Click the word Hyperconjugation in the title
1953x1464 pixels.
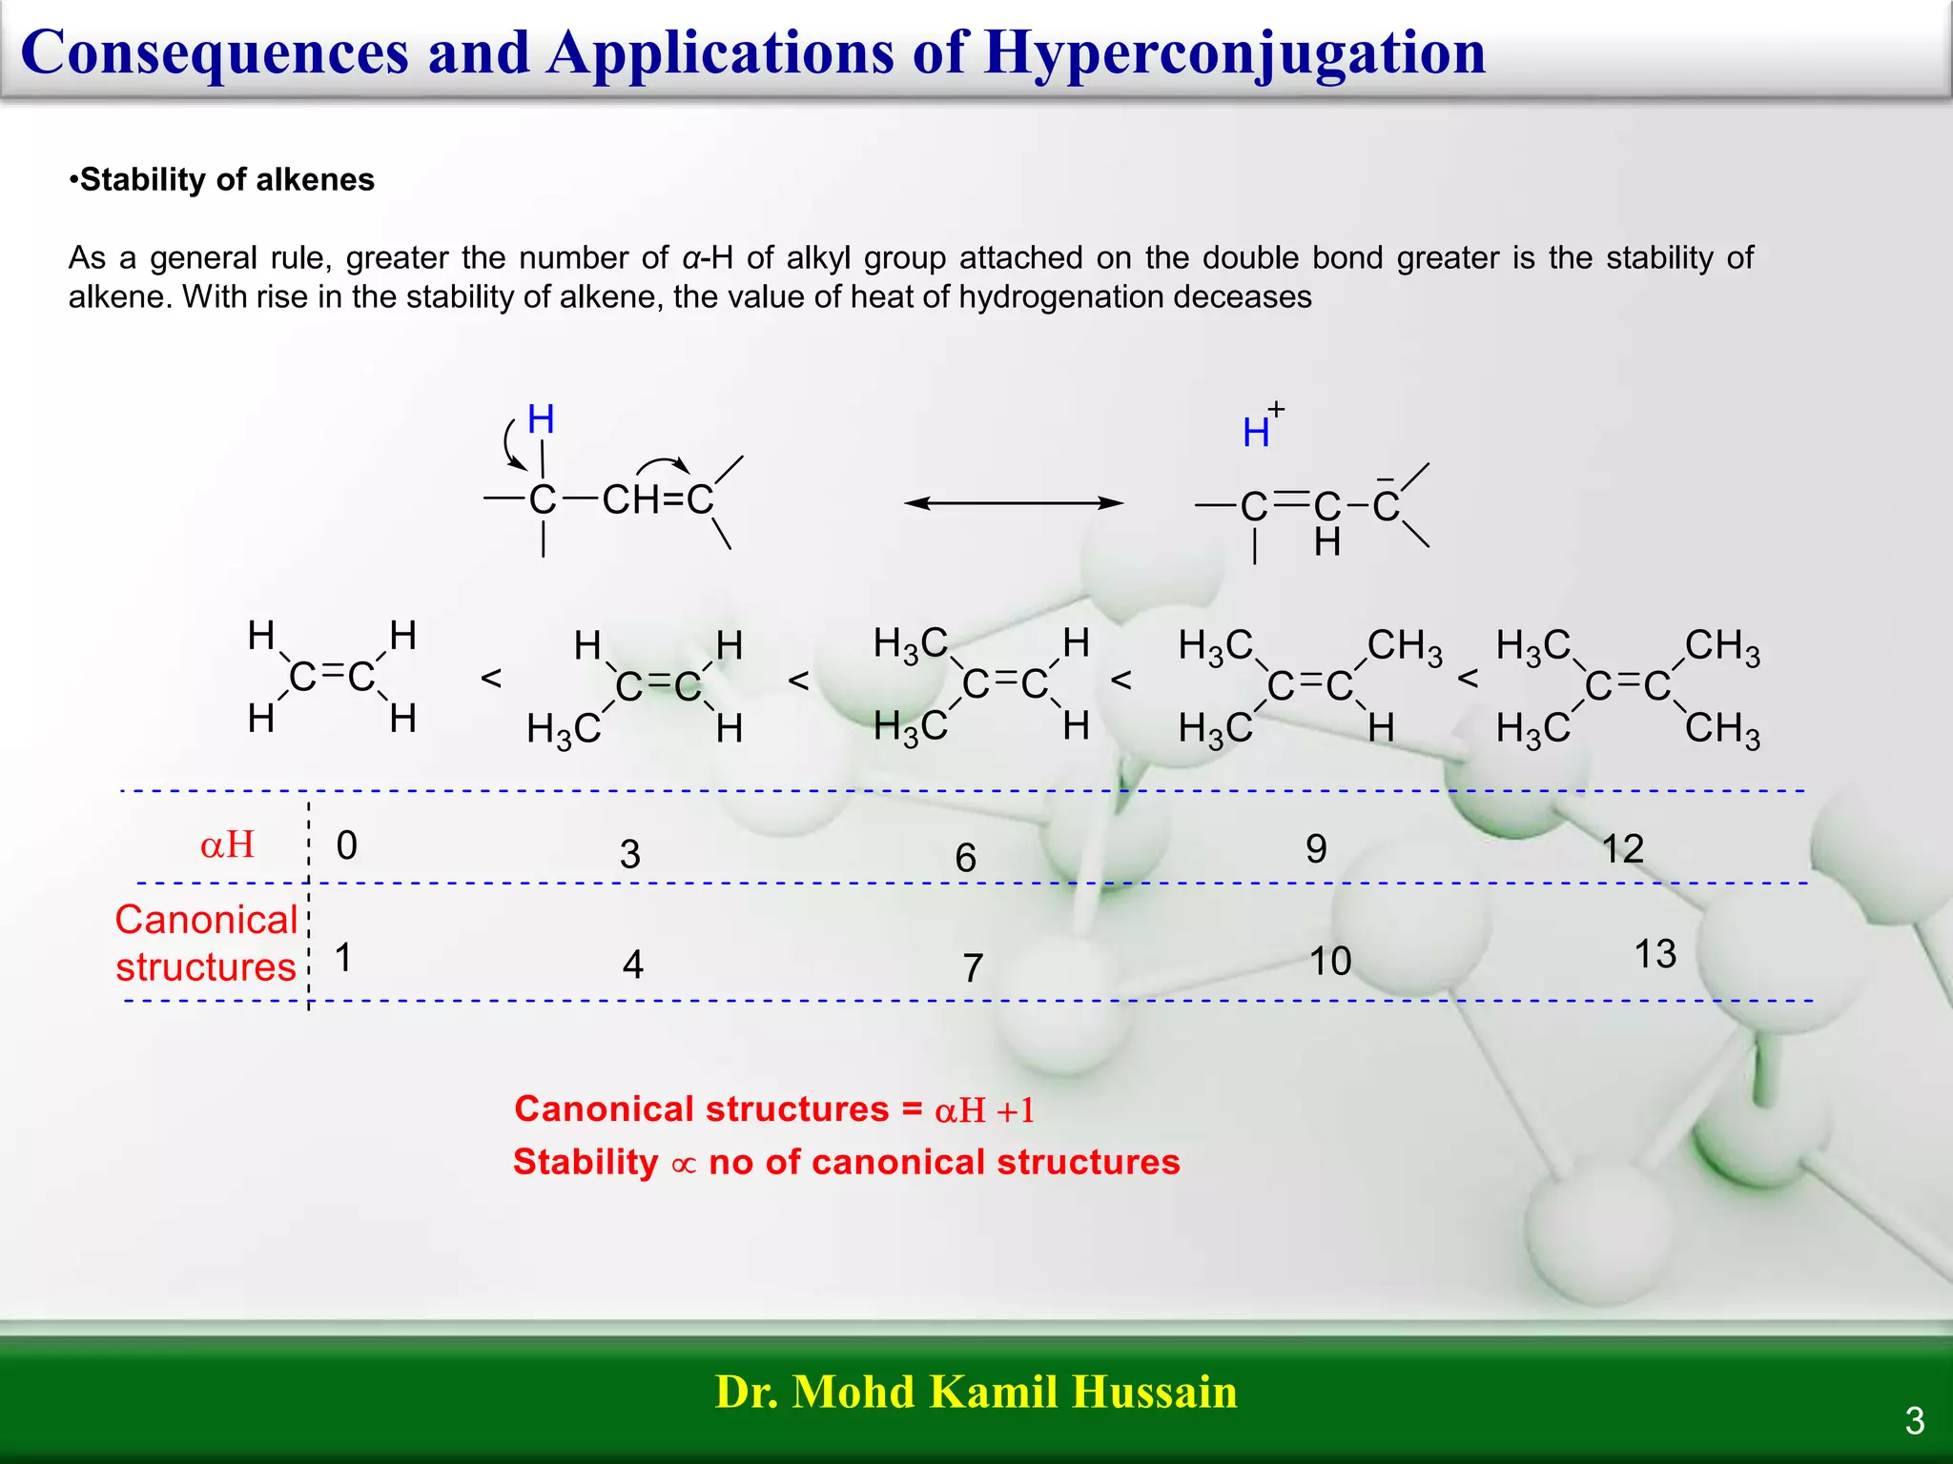coord(1235,52)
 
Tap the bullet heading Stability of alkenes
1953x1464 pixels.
coord(226,179)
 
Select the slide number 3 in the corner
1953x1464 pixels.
coord(1914,1421)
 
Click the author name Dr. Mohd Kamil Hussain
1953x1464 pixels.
coord(976,1392)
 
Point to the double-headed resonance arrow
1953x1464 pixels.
coord(1013,502)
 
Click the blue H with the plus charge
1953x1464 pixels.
coord(1256,434)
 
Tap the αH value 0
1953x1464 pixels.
coord(346,845)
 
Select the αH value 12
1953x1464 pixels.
coord(1622,848)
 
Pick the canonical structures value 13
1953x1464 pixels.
coord(1655,954)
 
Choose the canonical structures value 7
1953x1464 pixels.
coord(972,968)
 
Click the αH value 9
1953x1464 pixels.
coord(1316,848)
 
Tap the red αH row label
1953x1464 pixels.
coord(227,844)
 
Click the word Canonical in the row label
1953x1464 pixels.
coord(207,920)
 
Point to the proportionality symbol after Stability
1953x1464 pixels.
coord(684,1165)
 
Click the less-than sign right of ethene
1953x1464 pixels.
coord(491,678)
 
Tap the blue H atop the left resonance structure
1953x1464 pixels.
coord(541,419)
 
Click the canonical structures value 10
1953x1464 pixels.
coord(1329,961)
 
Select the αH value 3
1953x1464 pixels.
coord(629,854)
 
